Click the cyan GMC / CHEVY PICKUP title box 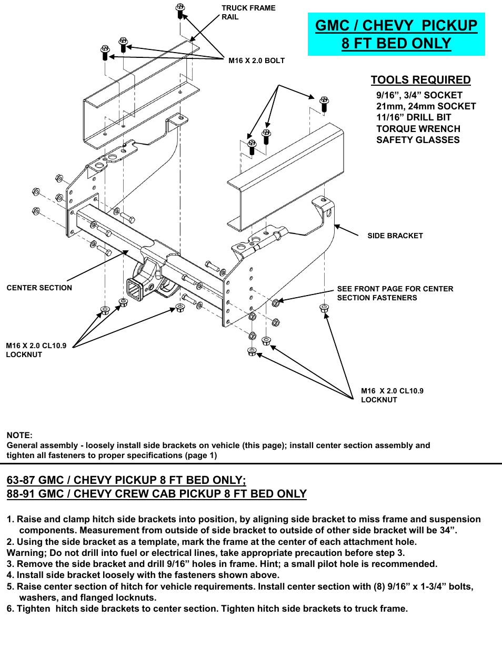coord(396,34)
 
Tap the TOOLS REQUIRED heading coord(420,80)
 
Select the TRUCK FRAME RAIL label coord(248,13)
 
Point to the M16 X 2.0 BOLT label coord(256,60)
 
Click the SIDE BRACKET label coord(395,236)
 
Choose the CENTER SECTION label coord(39,288)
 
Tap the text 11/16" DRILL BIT coord(414,117)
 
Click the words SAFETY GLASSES coord(418,140)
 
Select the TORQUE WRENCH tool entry coord(418,129)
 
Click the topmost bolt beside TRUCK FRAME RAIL coord(180,9)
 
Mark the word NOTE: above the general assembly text coord(19,435)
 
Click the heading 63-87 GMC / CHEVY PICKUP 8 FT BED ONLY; coord(126,480)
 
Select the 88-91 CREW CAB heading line coord(156,493)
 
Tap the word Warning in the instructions coord(25,553)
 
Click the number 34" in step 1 coord(447,530)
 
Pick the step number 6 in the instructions coord(9,609)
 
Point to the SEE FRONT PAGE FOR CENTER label coord(395,289)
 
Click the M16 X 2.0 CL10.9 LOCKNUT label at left coord(36,350)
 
